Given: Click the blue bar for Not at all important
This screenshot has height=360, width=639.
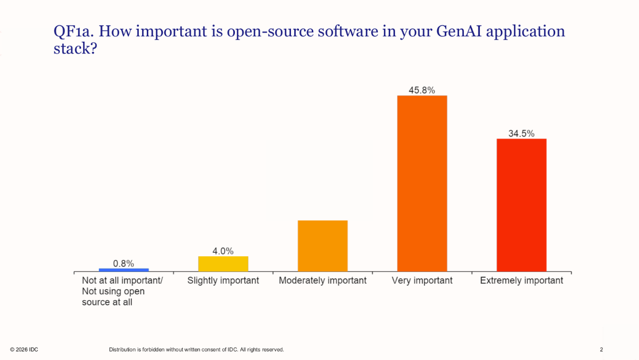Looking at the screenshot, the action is pos(123,270).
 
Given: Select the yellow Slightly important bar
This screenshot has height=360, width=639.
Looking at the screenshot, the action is pos(223,264).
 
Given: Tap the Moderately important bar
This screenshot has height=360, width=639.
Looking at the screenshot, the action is pos(323,246).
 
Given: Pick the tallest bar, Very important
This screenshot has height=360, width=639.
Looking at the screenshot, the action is pos(422,183).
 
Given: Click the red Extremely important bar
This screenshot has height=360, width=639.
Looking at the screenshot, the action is pos(522,205).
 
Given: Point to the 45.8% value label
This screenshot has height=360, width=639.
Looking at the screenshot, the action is pos(422,90).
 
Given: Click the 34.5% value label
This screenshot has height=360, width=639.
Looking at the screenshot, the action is pos(521,134).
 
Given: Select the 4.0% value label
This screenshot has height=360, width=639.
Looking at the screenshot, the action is pos(223,251).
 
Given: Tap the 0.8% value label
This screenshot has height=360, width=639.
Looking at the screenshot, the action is pos(123,263).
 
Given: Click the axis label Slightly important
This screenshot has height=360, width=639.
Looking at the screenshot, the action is pos(223,280).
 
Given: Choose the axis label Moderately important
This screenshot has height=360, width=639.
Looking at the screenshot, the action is pos(323,280).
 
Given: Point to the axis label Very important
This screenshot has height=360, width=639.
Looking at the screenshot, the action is pos(422,280).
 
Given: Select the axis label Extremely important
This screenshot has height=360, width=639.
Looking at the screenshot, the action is pos(522,280).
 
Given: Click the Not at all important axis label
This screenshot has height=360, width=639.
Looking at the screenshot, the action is pos(122,291).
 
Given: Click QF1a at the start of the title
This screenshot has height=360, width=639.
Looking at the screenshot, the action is pos(73,32).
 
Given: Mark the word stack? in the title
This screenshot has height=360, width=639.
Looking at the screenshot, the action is pos(75,49).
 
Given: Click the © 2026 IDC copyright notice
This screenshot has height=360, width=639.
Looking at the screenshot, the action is pos(24,349).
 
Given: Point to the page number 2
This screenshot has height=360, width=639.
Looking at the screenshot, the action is pos(601,349).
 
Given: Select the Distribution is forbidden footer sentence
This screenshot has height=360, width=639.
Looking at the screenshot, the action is pos(196,349).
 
